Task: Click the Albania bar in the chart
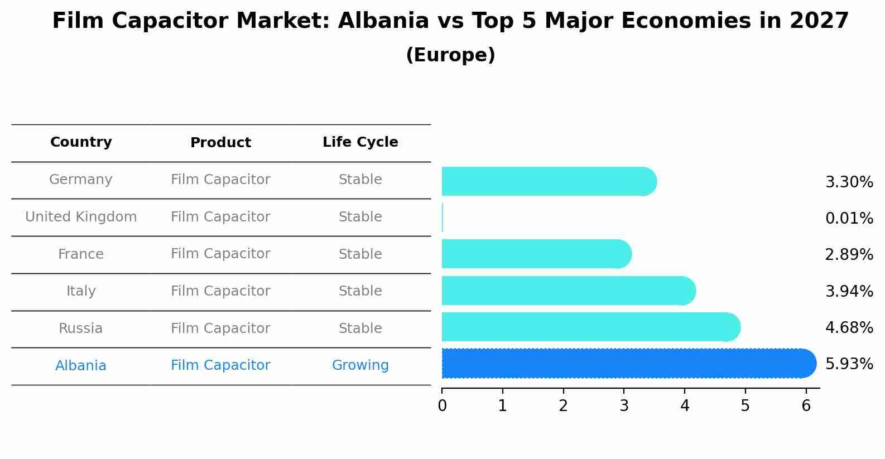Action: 628,363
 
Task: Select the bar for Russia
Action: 590,327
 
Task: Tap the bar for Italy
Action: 568,291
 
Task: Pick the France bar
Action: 536,254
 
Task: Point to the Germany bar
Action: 549,181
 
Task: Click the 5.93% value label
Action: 849,364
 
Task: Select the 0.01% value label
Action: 849,218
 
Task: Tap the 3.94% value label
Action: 849,291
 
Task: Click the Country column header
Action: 81,142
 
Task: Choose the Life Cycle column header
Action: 360,142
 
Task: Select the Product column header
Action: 220,143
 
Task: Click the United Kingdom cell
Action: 81,217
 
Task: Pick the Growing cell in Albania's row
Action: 360,365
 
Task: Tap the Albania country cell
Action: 81,366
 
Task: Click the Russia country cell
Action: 81,328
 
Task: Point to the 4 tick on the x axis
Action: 685,406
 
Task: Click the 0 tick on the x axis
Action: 442,406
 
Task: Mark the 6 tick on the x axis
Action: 806,406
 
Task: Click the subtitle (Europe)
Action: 450,55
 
